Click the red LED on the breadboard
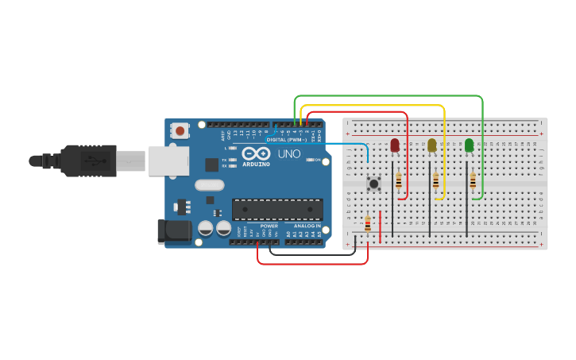point(395,145)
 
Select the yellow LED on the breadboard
point(432,145)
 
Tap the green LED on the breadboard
point(469,145)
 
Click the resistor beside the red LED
point(399,181)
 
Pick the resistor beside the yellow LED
point(436,181)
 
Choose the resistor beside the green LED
point(473,181)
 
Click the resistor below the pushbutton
point(367,223)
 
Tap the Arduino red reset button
point(180,130)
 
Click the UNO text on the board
point(288,153)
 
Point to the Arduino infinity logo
point(256,153)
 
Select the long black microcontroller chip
point(277,210)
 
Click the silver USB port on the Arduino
point(168,161)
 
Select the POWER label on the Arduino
point(269,226)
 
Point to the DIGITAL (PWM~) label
point(286,140)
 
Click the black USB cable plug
point(89,161)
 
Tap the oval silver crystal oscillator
point(209,186)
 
